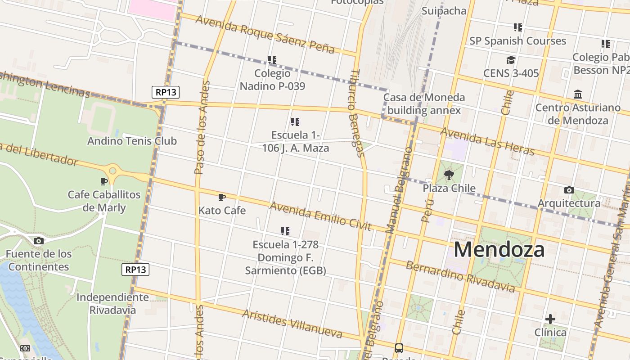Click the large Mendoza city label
coord(499,249)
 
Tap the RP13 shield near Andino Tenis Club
coord(166,92)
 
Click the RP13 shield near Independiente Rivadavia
coord(135,270)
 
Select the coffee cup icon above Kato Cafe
coord(221,197)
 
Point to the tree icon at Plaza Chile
coord(449,175)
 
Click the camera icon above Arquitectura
coord(569,190)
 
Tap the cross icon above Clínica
coord(550,319)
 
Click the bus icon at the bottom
coord(399,348)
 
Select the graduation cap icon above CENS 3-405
coord(510,60)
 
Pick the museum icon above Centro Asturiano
coord(578,94)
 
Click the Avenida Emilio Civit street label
coord(320,216)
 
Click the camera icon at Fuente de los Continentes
coord(39,241)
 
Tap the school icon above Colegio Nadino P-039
coord(272,59)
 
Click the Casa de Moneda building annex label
coord(424,103)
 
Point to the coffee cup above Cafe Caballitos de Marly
coord(104,181)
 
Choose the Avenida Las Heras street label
coord(487,141)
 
